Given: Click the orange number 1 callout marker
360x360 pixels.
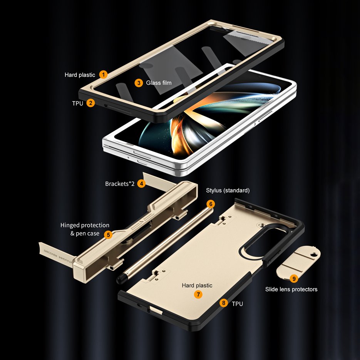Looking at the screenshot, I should [x=103, y=74].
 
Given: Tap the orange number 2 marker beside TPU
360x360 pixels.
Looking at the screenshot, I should [x=90, y=103].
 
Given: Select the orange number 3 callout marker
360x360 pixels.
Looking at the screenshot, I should [x=139, y=82].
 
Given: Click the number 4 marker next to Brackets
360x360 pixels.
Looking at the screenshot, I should [x=142, y=184].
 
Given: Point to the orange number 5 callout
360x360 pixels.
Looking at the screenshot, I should [x=108, y=234].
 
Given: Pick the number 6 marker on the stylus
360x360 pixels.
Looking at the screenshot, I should [x=210, y=203].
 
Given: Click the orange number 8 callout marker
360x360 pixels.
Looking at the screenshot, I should [x=224, y=303].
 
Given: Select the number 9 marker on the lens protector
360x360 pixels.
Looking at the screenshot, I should [x=294, y=278].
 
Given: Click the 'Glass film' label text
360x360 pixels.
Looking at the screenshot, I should [x=159, y=82].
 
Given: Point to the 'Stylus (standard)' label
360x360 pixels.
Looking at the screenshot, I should [x=228, y=190].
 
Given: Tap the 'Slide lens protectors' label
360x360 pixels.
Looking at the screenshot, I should [x=291, y=289].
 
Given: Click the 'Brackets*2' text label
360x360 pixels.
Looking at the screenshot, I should [x=119, y=184].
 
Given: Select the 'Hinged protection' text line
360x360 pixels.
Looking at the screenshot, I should [x=85, y=225].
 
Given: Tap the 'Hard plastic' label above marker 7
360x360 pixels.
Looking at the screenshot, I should [x=197, y=285].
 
